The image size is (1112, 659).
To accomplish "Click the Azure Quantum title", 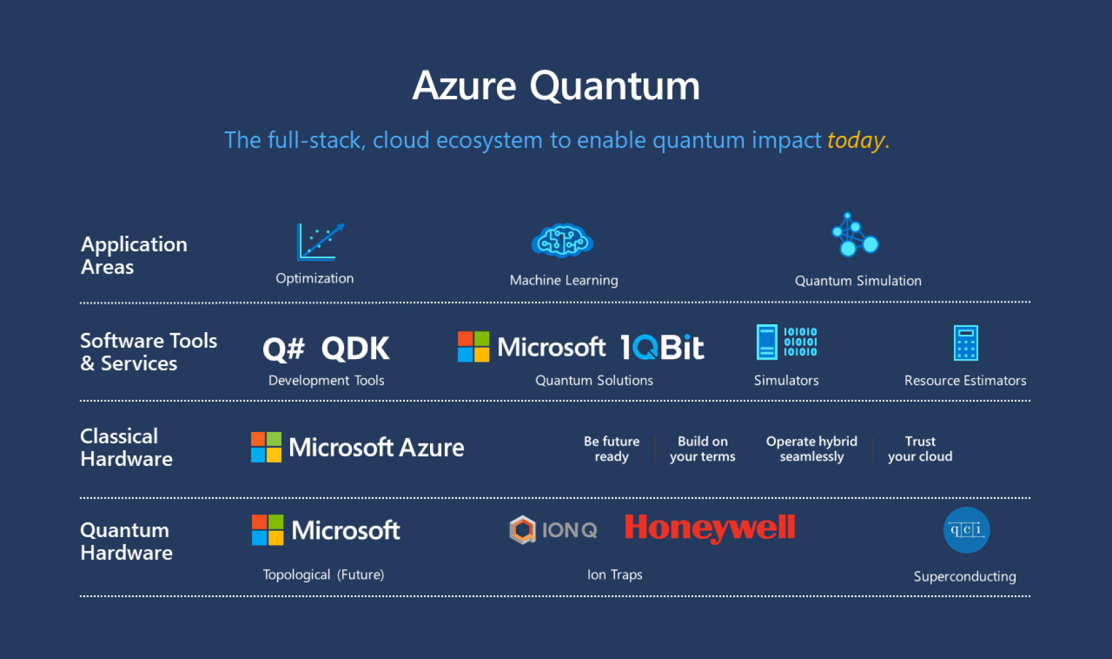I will (556, 86).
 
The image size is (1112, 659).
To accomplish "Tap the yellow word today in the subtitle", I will (856, 140).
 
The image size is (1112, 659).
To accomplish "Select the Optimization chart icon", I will (320, 242).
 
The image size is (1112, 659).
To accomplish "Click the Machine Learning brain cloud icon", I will (562, 241).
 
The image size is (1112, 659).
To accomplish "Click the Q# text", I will (284, 349).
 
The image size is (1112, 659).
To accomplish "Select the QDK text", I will (355, 349).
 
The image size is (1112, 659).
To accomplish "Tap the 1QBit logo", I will (662, 347).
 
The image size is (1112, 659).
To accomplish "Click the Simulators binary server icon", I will (786, 342).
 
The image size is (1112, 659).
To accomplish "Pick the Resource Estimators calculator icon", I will (965, 343).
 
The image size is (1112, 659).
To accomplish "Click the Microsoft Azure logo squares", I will (266, 447).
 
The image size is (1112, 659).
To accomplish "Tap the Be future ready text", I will (611, 449).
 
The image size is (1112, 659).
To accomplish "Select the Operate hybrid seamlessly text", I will (811, 449).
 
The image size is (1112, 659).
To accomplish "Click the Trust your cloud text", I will (920, 449).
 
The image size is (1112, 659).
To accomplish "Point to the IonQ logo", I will (553, 530).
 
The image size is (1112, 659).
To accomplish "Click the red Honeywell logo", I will (710, 528).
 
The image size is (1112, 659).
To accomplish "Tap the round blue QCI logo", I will (966, 530).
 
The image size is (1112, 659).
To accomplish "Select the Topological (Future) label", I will (323, 574).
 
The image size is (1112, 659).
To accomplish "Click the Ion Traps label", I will (614, 574).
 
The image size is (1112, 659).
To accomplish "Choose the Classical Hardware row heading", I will (126, 447).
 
